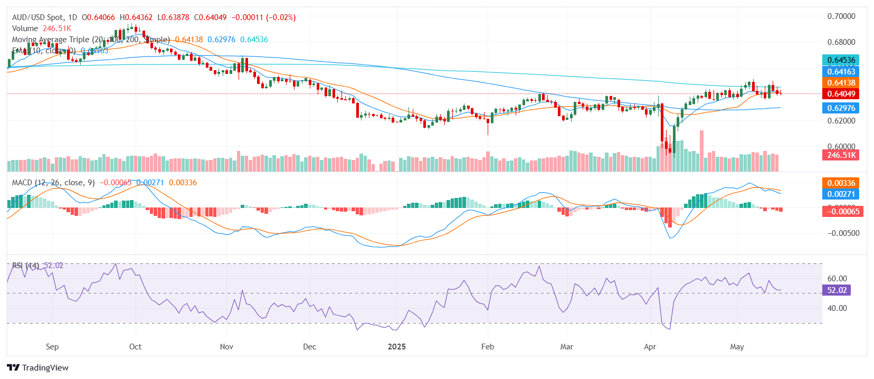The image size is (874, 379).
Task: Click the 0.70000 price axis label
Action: click(841, 16)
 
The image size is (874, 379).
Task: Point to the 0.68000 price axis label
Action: click(841, 42)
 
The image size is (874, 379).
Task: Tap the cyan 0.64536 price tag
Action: click(841, 60)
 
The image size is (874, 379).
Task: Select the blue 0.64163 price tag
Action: click(841, 72)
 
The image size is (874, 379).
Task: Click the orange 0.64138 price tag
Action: click(841, 83)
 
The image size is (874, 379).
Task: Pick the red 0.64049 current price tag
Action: click(841, 94)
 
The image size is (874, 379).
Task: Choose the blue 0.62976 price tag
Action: click(841, 108)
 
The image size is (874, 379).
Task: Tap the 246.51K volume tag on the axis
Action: click(842, 155)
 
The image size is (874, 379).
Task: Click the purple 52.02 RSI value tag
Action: click(837, 290)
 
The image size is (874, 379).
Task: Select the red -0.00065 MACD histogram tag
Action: click(843, 212)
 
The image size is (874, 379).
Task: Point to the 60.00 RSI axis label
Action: click(837, 279)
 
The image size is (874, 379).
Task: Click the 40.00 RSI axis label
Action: click(837, 308)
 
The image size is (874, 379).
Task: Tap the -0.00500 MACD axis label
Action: click(843, 233)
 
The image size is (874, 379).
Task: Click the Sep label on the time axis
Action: click(52, 347)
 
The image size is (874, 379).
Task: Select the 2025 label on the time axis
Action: click(397, 347)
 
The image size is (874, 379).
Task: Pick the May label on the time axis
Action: click(737, 347)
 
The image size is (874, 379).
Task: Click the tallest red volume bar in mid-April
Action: click(701, 150)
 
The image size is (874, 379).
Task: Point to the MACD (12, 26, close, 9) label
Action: click(53, 183)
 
